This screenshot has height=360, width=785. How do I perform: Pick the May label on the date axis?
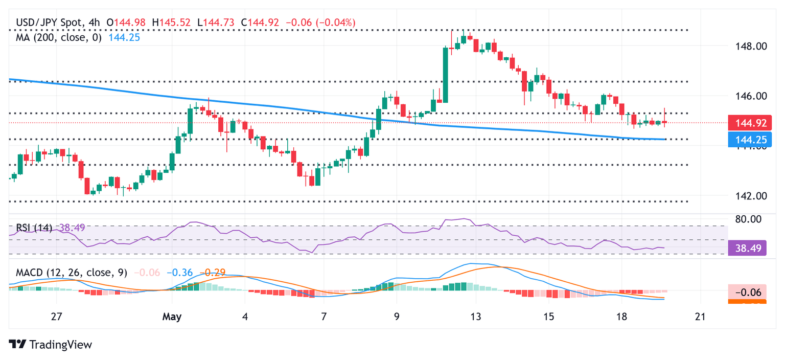click(172, 317)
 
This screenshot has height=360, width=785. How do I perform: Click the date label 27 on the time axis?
click(56, 317)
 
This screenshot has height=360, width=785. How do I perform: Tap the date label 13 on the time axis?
click(476, 317)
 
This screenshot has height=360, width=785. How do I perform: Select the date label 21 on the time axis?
click(700, 317)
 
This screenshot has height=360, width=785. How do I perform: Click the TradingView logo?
click(51, 345)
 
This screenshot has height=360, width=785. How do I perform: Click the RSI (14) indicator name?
click(34, 228)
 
